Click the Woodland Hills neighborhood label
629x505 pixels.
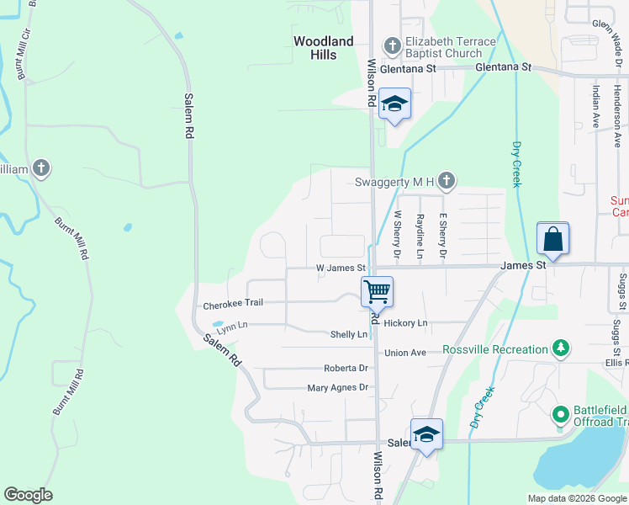tap(323, 48)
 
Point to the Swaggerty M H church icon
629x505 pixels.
tap(447, 181)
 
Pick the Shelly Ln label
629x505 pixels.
tap(349, 334)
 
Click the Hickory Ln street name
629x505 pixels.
tap(405, 323)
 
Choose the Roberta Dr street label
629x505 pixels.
tap(346, 369)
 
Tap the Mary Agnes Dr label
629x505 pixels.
tap(338, 388)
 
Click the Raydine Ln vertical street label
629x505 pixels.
tap(419, 235)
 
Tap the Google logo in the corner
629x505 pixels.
tap(28, 495)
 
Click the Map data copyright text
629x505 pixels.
tap(578, 498)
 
